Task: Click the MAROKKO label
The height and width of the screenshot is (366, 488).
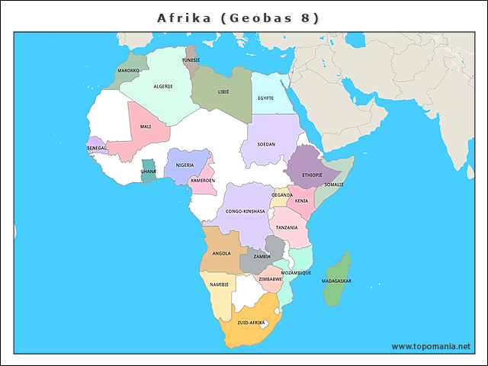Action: point(128,70)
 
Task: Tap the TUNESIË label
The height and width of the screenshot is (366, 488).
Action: point(191,59)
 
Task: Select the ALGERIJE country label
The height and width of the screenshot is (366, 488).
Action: point(163,86)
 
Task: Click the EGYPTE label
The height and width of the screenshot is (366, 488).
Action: point(265,98)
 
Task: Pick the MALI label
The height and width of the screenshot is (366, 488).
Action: point(146,127)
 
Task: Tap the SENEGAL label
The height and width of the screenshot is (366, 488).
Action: point(97,148)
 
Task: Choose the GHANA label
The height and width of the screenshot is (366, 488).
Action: point(148,172)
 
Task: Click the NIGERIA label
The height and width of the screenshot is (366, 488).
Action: point(185,165)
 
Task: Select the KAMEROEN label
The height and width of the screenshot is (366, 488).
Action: point(203,181)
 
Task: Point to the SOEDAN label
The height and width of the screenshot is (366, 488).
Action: point(266,143)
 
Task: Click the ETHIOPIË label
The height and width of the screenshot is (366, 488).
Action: point(312,175)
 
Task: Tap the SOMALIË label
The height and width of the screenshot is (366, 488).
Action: point(334,185)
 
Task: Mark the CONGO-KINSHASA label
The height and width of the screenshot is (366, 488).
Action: point(246,211)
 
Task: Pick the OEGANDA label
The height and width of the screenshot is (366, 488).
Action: point(282,195)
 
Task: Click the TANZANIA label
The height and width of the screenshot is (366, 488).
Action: point(287,228)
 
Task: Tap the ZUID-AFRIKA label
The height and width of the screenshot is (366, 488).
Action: point(251,323)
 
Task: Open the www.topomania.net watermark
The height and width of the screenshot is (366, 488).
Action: point(431,346)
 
